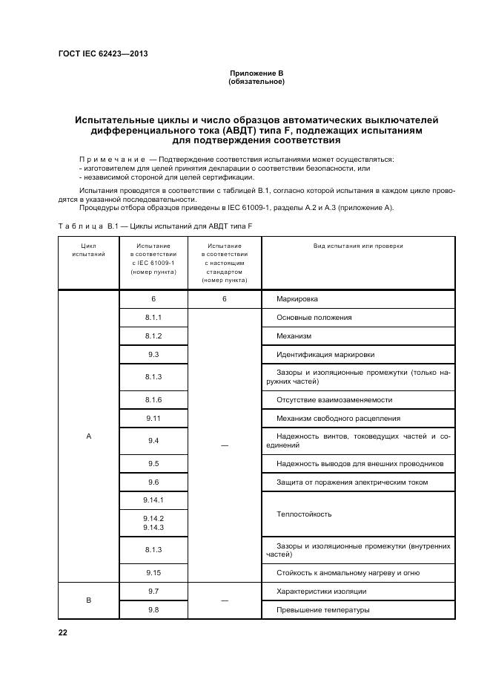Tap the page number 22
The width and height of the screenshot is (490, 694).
(62, 632)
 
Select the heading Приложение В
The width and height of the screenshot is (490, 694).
(256, 73)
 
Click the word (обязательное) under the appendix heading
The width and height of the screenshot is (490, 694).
(256, 82)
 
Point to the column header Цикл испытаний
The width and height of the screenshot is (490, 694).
(88, 250)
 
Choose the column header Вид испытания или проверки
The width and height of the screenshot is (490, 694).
(358, 246)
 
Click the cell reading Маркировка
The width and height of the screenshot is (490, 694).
(297, 299)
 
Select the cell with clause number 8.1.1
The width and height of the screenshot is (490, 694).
(153, 318)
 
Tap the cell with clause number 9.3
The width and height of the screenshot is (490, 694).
(153, 355)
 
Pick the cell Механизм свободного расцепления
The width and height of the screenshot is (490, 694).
(337, 419)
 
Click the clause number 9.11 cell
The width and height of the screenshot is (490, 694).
(153, 419)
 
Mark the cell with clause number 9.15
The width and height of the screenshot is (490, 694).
(153, 573)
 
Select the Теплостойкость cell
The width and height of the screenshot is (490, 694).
(303, 514)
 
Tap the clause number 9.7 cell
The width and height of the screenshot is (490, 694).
(153, 592)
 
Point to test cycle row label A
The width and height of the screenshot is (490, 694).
(88, 436)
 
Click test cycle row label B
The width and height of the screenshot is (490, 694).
(88, 600)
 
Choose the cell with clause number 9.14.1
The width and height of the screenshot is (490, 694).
(153, 501)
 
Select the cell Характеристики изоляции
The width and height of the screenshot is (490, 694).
(321, 592)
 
